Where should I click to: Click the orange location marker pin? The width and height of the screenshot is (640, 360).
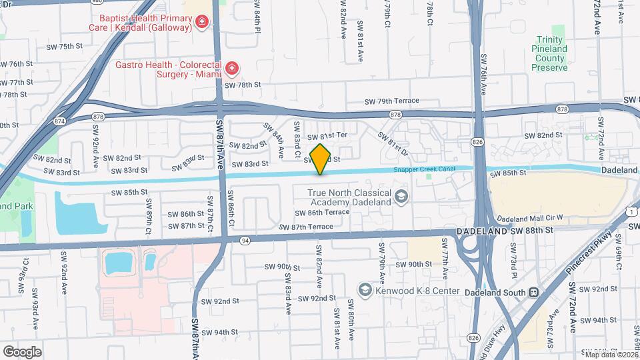tap(320, 159)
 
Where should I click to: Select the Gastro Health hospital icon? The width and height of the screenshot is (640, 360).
tap(231, 67)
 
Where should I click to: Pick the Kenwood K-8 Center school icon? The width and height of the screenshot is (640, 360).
tap(365, 290)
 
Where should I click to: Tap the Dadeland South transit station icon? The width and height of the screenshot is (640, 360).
tap(533, 291)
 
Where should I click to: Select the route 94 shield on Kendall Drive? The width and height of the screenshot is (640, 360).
tap(245, 240)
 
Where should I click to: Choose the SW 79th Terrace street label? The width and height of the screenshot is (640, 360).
tap(392, 101)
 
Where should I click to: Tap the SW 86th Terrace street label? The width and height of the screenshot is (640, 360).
tap(323, 212)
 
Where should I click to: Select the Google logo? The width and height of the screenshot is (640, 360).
tap(22, 351)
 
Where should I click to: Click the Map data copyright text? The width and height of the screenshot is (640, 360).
tap(609, 355)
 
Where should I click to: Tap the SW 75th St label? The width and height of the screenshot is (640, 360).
tap(75, 47)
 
